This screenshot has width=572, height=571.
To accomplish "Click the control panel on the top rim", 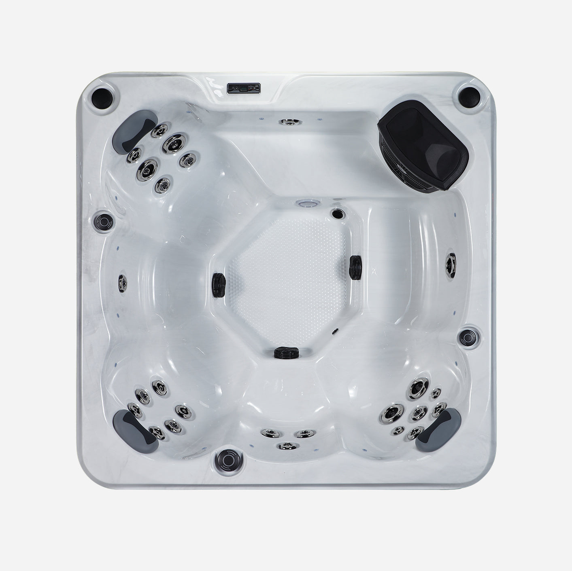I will click(x=243, y=88).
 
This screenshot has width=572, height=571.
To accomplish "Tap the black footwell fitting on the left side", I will click(x=219, y=280).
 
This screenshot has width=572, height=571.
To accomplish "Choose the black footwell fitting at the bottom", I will click(x=287, y=352).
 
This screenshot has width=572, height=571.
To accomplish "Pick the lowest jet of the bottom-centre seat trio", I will click(x=286, y=446).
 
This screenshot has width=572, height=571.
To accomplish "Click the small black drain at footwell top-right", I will click(x=337, y=214).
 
